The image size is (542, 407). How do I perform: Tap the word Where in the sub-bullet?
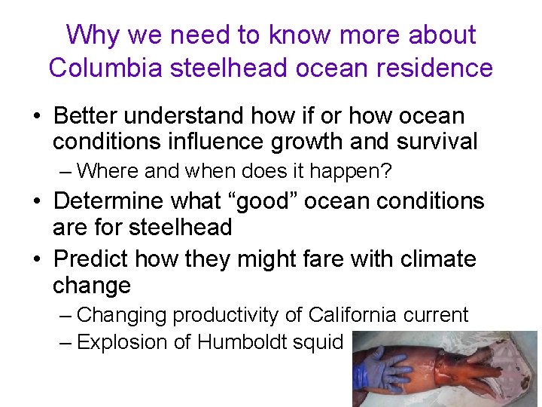108,171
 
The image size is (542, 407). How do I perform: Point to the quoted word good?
254,201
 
